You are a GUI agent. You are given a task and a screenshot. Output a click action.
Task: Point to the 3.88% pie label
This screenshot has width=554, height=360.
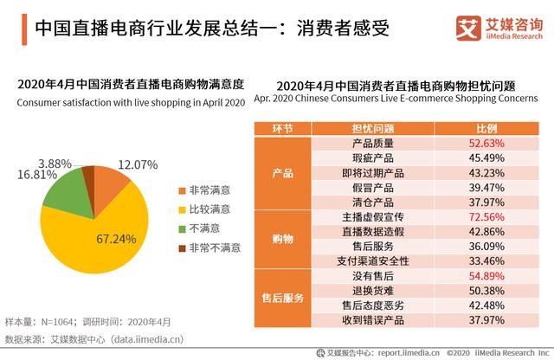pyautogui.click(x=56, y=163)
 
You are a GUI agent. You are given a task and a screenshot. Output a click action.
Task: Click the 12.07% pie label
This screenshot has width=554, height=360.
pyautogui.click(x=137, y=164)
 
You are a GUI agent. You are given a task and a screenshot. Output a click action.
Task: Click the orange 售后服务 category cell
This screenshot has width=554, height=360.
pyautogui.click(x=281, y=298)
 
